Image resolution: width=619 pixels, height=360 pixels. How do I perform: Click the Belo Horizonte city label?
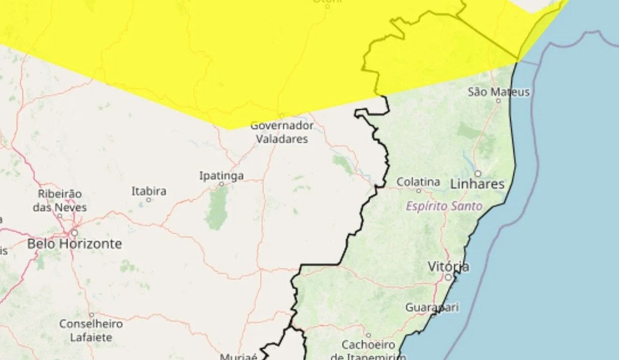pos(74,244)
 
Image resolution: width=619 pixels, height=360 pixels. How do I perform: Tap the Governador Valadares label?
pos(282,132)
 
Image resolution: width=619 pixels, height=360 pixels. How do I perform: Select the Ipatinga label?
pos(221,176)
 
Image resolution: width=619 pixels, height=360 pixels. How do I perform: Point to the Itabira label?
pos(149,191)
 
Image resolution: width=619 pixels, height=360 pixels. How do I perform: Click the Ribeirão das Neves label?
pos(60,200)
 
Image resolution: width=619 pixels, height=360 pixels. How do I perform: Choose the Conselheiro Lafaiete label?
pos(91,330)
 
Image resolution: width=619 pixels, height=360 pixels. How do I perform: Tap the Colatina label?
pos(418,182)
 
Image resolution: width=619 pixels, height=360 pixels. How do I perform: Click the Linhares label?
pos(477,184)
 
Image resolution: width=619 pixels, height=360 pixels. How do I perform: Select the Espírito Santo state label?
pos(444,206)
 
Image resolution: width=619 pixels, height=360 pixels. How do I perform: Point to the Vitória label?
pos(448,267)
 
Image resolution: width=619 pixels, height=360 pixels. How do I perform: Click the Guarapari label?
pos(432,307)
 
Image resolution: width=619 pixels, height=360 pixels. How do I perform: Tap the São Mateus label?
pos(498,92)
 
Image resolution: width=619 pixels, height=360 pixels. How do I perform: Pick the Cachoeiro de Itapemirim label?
pos(368,351)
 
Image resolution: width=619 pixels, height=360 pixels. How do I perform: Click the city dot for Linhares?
pos(478,173)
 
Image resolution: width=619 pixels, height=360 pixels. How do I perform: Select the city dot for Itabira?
pos(149,200)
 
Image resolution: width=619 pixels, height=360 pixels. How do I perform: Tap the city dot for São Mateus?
pos(498,100)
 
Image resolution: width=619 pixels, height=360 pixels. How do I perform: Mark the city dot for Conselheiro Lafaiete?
pos(91,315)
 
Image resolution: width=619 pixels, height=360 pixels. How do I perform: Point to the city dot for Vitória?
pos(448,277)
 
